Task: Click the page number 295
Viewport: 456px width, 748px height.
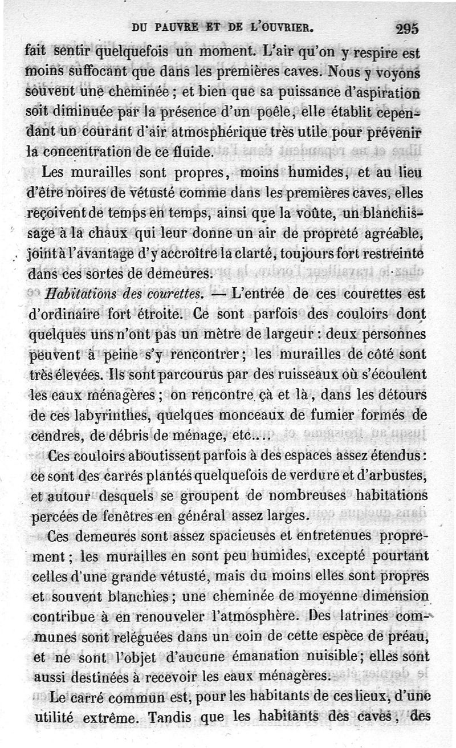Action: (406, 28)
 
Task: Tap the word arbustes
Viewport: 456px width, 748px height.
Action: (404, 476)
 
